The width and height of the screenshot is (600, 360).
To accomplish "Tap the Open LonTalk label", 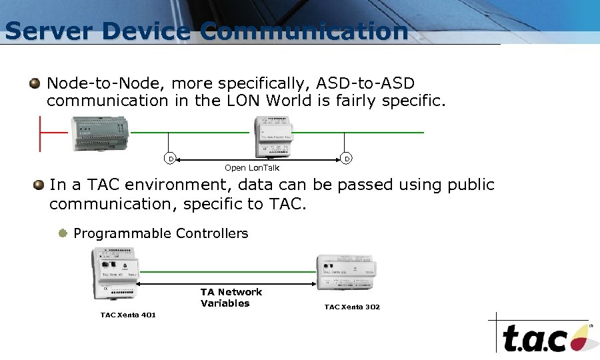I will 252,168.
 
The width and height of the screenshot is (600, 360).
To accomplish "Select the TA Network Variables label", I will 231,297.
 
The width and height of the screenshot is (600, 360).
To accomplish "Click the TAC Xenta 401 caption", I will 128,315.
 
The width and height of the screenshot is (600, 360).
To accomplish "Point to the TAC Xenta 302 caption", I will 352,307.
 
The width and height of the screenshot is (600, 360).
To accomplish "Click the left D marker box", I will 170,159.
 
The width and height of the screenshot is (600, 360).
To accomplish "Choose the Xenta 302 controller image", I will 345,271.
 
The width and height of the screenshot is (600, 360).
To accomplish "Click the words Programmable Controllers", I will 161,233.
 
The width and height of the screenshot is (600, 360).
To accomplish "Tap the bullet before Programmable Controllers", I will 63,233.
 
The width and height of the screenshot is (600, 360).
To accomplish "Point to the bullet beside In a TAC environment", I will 39,184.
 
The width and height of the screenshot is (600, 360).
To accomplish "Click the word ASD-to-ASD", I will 365,83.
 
